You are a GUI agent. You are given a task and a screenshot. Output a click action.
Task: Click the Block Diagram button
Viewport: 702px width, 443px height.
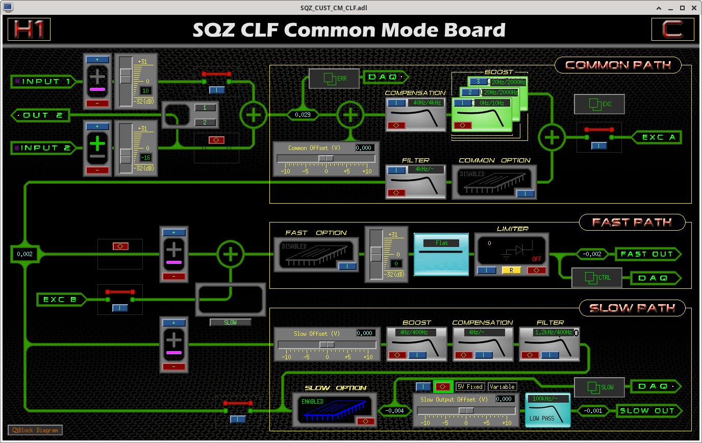pyautogui.click(x=35, y=430)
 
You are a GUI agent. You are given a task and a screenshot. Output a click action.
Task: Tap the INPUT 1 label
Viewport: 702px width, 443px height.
pyautogui.click(x=46, y=82)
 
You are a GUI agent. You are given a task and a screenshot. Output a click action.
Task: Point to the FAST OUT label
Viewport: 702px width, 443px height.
pyautogui.click(x=646, y=254)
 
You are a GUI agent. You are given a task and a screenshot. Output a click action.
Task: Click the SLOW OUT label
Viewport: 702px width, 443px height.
pyautogui.click(x=646, y=411)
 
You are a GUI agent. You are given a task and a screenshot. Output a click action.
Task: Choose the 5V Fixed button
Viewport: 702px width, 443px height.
pyautogui.click(x=469, y=387)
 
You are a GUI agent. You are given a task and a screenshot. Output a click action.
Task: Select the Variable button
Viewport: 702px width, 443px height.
pyautogui.click(x=503, y=387)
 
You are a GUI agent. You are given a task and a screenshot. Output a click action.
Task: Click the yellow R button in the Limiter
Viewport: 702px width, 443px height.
pyautogui.click(x=511, y=270)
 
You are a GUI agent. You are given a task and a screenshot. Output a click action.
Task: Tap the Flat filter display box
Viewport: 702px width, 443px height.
pyautogui.click(x=441, y=254)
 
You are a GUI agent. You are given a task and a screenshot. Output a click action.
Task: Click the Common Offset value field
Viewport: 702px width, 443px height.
pyautogui.click(x=364, y=147)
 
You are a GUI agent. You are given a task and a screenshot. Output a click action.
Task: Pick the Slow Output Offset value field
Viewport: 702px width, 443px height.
pyautogui.click(x=504, y=399)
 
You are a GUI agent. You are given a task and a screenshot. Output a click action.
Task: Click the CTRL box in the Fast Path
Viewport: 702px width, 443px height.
pyautogui.click(x=597, y=278)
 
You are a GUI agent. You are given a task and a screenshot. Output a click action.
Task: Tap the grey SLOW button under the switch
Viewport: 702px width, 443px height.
pyautogui.click(x=230, y=323)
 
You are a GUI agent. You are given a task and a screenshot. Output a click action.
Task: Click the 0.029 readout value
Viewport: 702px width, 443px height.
pyautogui.click(x=303, y=115)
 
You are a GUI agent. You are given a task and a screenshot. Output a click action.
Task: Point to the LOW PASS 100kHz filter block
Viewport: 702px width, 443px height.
pyautogui.click(x=547, y=410)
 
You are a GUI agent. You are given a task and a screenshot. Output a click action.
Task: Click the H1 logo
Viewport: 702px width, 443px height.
pyautogui.click(x=29, y=30)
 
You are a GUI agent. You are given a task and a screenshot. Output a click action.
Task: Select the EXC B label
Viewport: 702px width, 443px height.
pyautogui.click(x=60, y=300)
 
